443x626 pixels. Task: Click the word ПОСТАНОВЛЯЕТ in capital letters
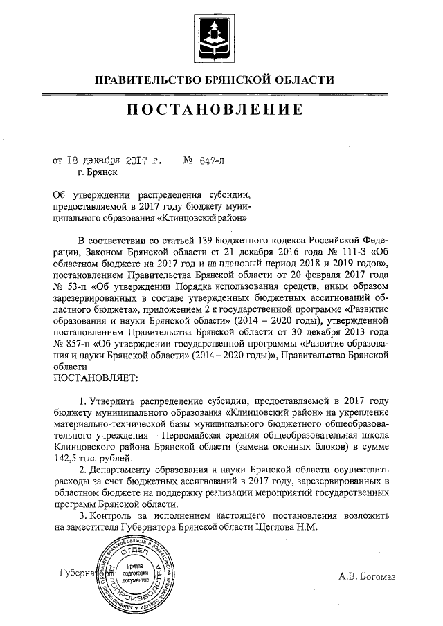coord(96,378)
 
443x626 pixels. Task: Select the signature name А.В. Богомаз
coord(366,576)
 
